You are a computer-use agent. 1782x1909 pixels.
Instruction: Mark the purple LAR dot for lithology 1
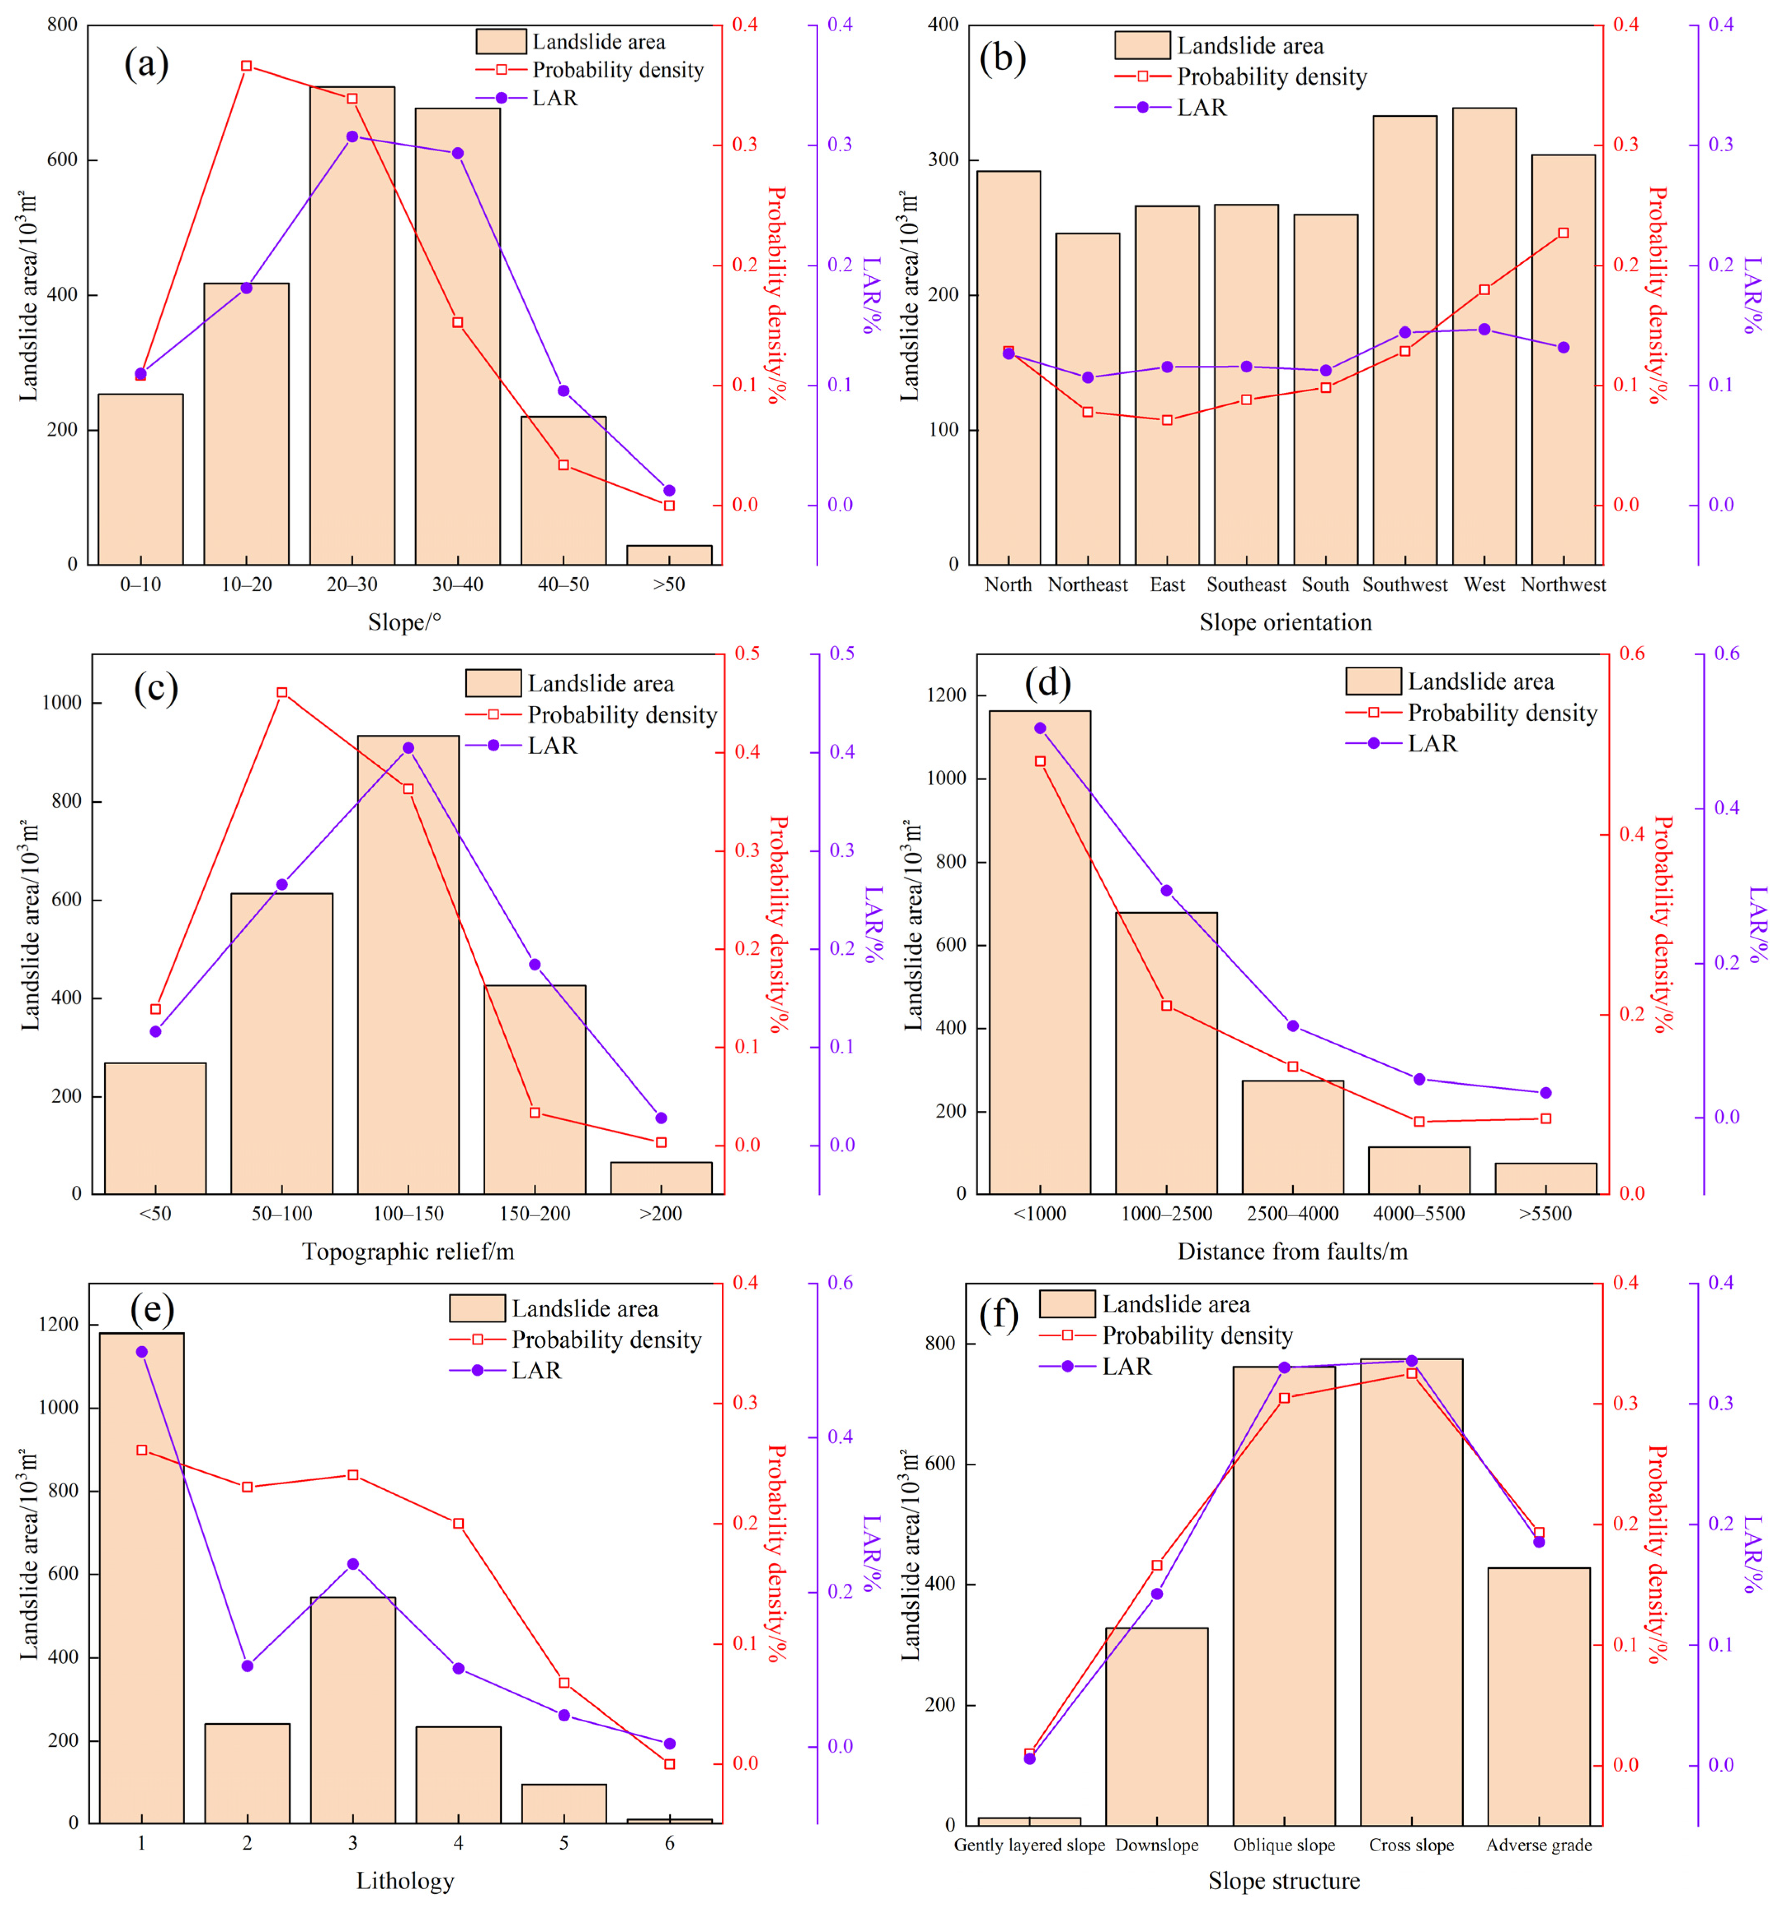pyautogui.click(x=142, y=1351)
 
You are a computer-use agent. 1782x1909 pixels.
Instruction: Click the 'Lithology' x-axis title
pyautogui.click(x=405, y=1880)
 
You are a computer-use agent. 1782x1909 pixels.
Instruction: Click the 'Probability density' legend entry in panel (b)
pyautogui.click(x=1240, y=77)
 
